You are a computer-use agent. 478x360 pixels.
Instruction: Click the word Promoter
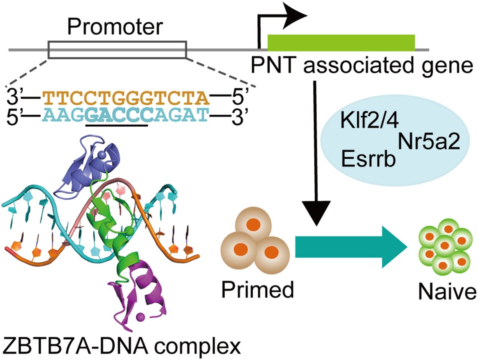point(115,27)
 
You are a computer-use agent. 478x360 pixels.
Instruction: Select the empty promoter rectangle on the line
point(117,49)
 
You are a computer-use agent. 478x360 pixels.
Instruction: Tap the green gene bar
point(341,42)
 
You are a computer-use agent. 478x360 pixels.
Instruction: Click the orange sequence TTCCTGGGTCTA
point(125,97)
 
